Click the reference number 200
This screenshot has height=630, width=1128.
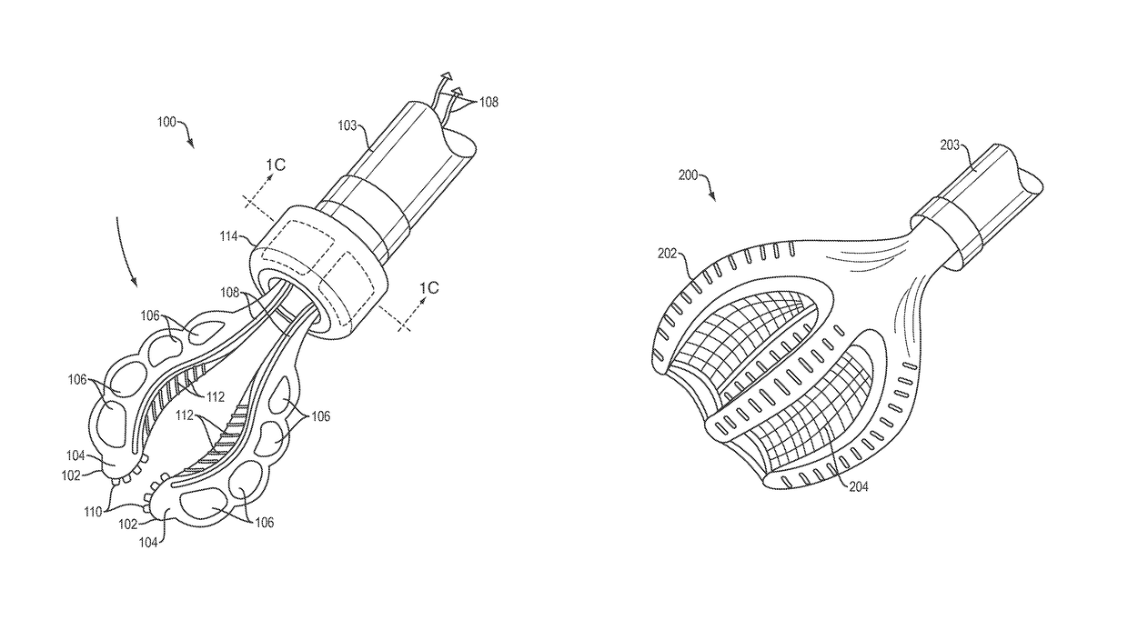(689, 175)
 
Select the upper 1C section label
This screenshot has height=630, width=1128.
(276, 164)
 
